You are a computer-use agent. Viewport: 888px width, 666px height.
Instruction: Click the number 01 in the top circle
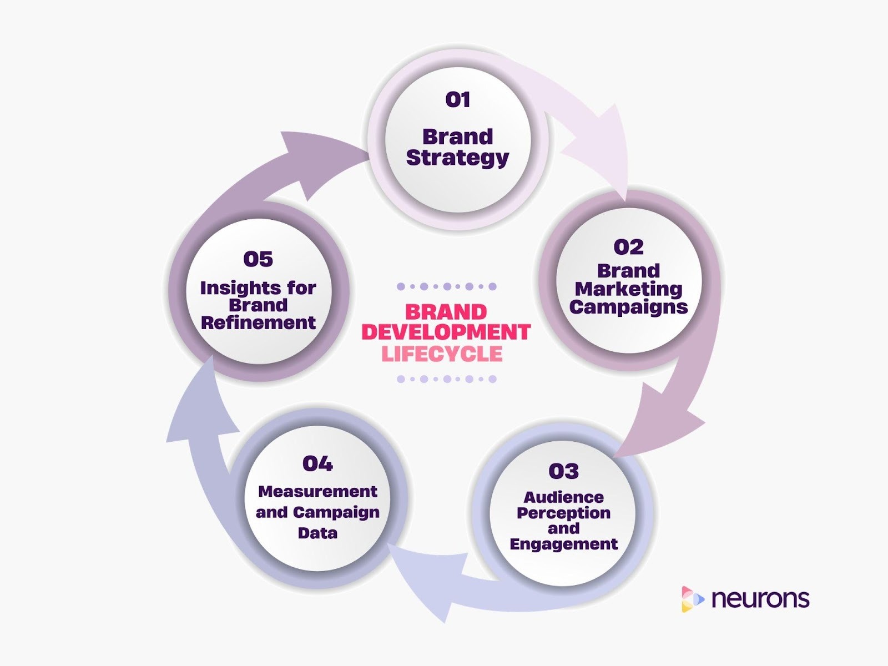[x=458, y=100]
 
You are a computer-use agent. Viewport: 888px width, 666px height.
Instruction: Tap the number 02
[x=628, y=247]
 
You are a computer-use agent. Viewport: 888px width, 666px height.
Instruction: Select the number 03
[x=563, y=471]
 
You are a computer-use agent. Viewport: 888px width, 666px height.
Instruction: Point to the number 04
[x=317, y=463]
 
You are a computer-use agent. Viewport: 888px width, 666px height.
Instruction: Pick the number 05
[x=258, y=259]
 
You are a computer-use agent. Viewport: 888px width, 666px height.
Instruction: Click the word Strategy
[x=457, y=158]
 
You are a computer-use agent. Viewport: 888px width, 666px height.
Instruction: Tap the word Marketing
[x=628, y=289]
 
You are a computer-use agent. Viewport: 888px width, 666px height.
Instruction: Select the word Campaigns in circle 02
[x=628, y=307]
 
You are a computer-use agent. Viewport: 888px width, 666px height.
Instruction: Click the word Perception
[x=563, y=513]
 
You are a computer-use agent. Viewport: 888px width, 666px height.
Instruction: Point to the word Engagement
[x=563, y=544]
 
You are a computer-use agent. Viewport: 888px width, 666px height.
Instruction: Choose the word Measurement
[x=317, y=492]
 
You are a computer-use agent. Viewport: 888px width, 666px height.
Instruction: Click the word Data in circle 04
[x=317, y=533]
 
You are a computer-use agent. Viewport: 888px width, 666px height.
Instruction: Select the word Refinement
[x=258, y=322]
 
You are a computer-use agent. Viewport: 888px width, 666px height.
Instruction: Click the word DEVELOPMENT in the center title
[x=446, y=332]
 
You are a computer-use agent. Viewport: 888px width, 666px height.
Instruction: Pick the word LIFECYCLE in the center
[x=442, y=354]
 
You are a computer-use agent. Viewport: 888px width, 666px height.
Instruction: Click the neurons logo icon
[x=692, y=599]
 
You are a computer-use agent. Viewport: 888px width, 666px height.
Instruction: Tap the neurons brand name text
[x=760, y=599]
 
